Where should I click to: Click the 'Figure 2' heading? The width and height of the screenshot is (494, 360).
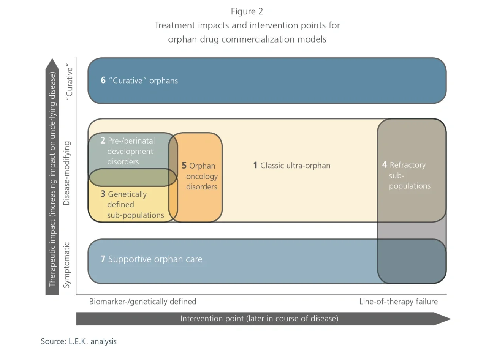pyautogui.click(x=247, y=11)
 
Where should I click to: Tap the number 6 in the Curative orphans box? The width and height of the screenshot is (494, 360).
pyautogui.click(x=103, y=80)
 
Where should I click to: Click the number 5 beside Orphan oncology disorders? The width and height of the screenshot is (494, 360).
pyautogui.click(x=184, y=166)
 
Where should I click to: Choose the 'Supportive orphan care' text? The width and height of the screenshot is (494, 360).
pyautogui.click(x=155, y=259)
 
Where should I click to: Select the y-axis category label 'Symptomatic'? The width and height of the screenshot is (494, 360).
pyautogui.click(x=67, y=265)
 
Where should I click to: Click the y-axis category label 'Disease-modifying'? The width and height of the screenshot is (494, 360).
pyautogui.click(x=67, y=173)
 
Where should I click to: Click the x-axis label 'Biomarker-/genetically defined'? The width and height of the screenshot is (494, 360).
pyautogui.click(x=142, y=302)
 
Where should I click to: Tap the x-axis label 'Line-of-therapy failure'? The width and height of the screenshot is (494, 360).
pyautogui.click(x=398, y=302)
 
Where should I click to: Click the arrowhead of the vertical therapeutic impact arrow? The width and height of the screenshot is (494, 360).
pyautogui.click(x=52, y=65)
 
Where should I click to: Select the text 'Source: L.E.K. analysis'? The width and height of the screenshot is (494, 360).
pyautogui.click(x=79, y=341)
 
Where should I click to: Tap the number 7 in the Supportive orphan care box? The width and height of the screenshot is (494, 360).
pyautogui.click(x=103, y=259)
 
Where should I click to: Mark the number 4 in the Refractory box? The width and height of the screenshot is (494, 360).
pyautogui.click(x=385, y=165)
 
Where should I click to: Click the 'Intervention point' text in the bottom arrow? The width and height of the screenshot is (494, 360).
pyautogui.click(x=212, y=319)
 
